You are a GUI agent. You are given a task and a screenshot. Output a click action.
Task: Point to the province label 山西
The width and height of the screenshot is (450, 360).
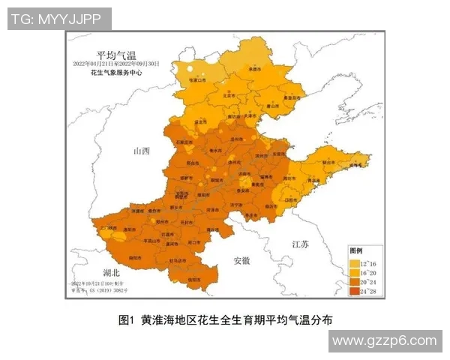click(x=141, y=151)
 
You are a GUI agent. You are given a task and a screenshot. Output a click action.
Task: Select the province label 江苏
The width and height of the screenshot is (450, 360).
click(x=299, y=244)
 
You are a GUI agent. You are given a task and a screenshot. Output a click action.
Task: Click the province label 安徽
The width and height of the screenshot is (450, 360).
click(x=241, y=260)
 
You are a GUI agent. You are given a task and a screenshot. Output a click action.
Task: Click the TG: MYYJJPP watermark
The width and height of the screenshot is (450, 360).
click(x=59, y=19)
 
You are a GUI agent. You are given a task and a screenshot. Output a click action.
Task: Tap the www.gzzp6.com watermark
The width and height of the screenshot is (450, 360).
click(x=384, y=340)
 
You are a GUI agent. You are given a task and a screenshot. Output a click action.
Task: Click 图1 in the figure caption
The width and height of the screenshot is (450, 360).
click(x=125, y=320)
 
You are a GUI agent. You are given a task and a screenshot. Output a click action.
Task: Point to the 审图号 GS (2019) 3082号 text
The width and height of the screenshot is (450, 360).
click(x=101, y=289)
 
